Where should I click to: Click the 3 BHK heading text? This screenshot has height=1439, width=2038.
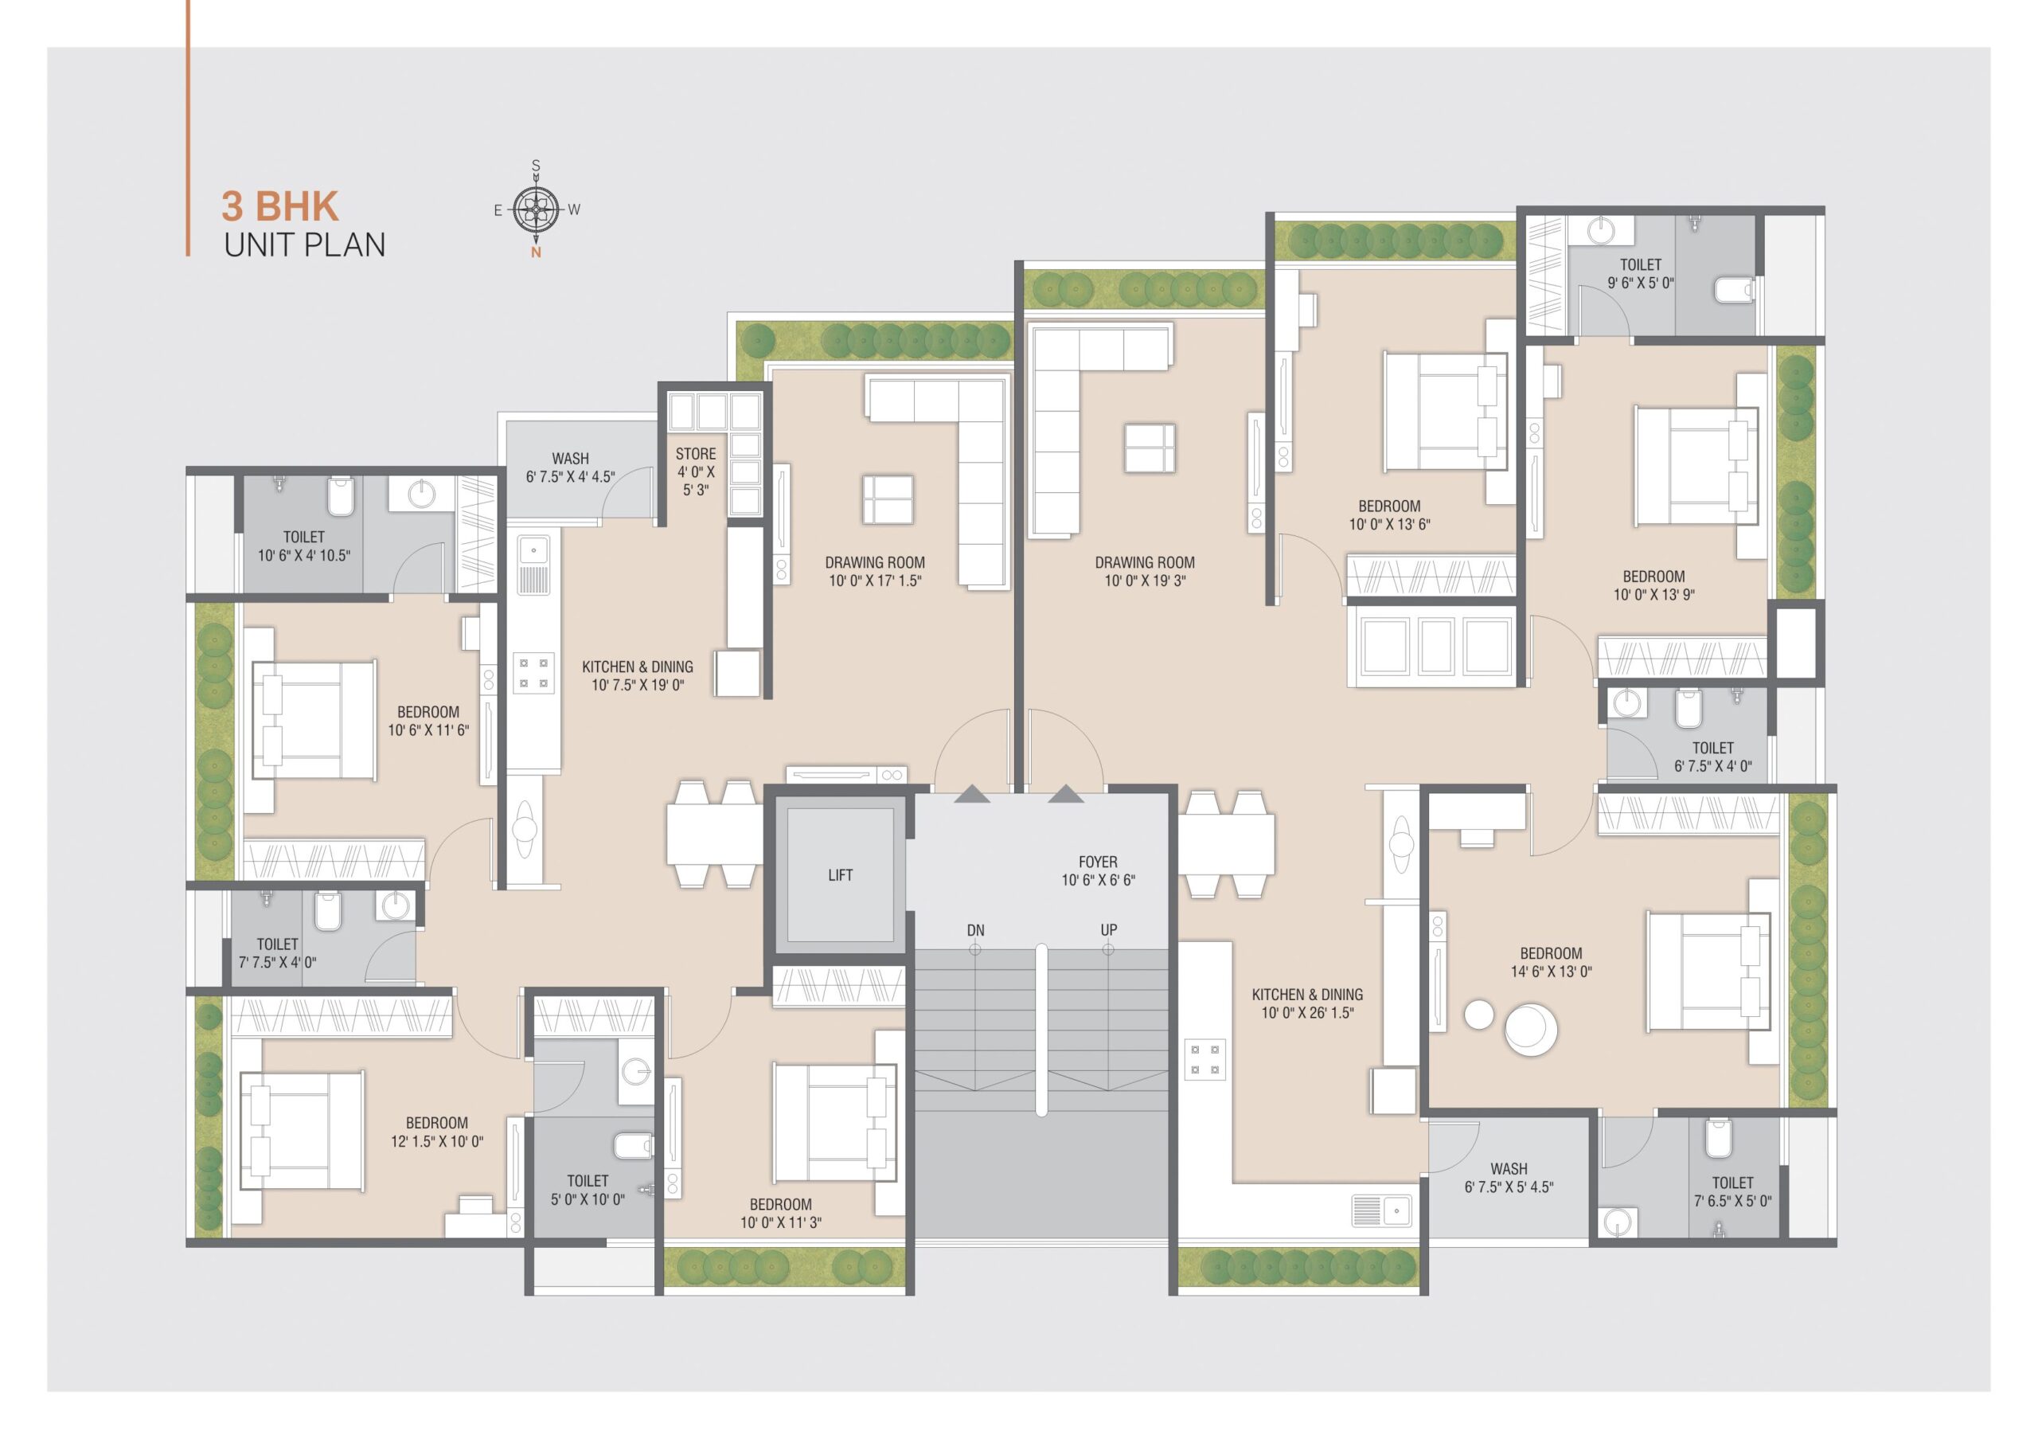tap(279, 206)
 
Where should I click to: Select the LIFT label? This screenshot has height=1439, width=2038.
tap(840, 875)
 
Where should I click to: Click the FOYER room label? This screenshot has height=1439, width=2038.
tap(1098, 871)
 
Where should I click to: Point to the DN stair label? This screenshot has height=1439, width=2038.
tap(975, 930)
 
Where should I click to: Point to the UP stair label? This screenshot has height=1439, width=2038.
tap(1109, 930)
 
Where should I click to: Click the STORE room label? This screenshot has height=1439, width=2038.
tap(696, 471)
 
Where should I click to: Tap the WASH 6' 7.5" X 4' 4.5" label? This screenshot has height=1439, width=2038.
tap(570, 467)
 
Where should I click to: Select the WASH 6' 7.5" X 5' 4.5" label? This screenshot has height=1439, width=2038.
tap(1509, 1178)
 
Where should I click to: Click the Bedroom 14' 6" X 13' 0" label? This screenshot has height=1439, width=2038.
tap(1551, 962)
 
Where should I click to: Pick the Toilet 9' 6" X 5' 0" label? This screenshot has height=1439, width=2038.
tap(1640, 273)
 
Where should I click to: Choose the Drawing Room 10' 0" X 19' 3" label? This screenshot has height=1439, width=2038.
tap(1144, 572)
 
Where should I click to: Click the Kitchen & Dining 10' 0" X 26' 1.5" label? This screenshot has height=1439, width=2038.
tap(1307, 1003)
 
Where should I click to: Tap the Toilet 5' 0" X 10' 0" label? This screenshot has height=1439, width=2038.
tap(588, 1190)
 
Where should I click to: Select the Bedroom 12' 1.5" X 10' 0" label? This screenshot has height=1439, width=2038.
tap(437, 1132)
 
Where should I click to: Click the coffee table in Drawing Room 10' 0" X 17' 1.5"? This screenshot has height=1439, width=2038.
tap(888, 499)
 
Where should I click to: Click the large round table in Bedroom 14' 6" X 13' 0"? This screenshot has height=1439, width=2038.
tap(1530, 1030)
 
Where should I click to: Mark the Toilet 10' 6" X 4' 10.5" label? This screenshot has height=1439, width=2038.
tap(303, 546)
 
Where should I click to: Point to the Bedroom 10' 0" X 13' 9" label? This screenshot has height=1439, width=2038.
tap(1653, 586)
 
